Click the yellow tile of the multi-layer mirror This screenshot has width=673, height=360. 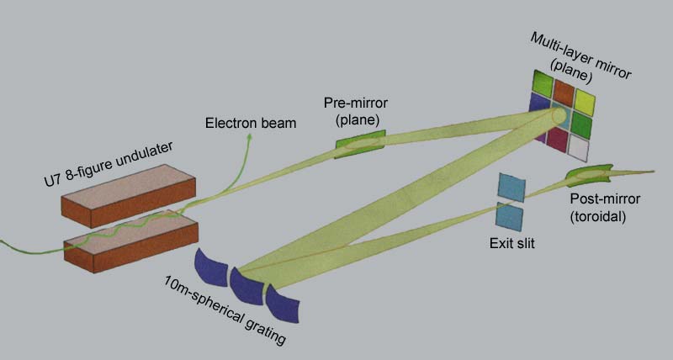pos(585,102)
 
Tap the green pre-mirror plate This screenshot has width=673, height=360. pos(359,146)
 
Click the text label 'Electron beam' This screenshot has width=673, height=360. pos(251,123)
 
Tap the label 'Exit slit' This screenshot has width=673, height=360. pos(511,246)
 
